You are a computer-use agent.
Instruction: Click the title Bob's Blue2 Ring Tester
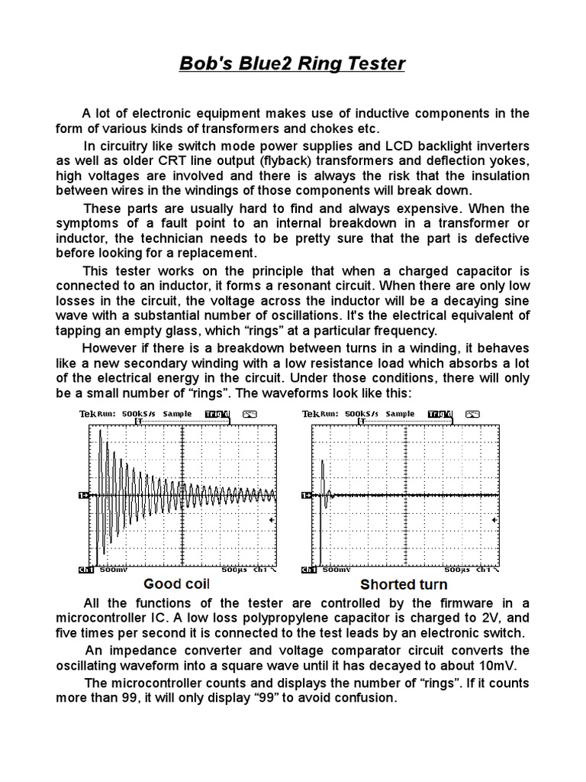coord(292,63)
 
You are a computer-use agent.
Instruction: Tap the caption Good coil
coord(179,584)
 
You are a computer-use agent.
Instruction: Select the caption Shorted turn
coord(404,585)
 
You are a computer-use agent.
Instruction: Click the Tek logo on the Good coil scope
coord(88,414)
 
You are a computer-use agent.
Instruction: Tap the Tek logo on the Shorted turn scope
coord(310,414)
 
